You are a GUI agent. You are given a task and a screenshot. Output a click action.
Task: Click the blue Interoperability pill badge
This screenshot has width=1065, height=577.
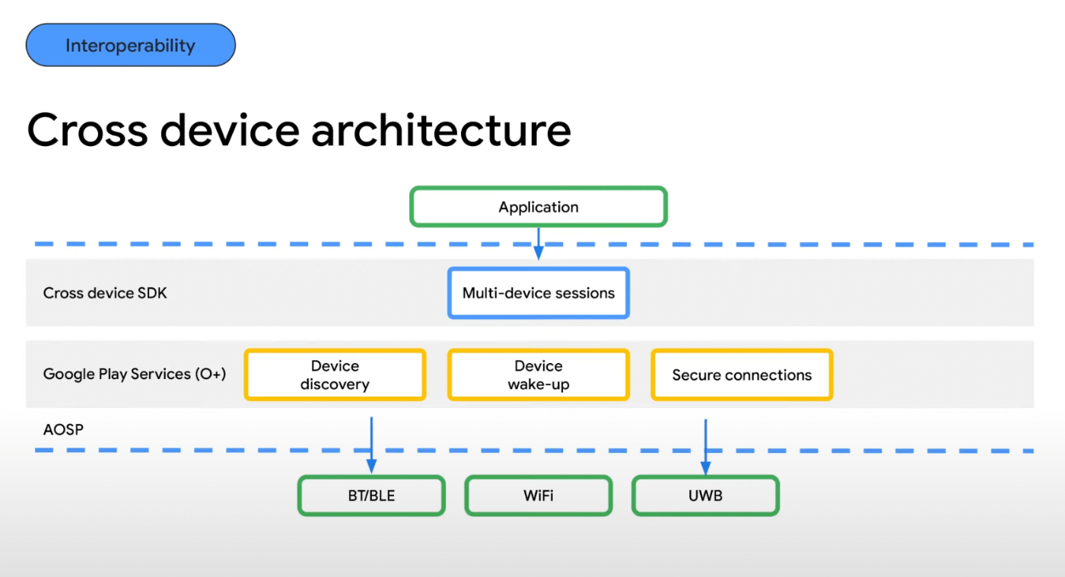[130, 46]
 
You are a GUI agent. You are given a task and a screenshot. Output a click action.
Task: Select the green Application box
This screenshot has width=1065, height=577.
[538, 207]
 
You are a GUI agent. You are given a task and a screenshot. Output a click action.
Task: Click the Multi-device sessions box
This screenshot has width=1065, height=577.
[538, 293]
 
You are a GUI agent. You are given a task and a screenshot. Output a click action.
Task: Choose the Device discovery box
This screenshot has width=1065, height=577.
[335, 375]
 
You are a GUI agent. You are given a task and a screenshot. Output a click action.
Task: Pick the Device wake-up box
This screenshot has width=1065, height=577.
[538, 375]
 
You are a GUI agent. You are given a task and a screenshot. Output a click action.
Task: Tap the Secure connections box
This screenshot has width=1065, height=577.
[742, 375]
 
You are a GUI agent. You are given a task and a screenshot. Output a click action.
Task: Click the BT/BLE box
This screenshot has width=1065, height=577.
[370, 496]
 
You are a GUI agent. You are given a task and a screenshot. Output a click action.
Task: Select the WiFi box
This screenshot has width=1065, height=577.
[538, 496]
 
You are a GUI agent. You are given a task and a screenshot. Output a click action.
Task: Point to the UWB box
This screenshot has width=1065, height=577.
[705, 496]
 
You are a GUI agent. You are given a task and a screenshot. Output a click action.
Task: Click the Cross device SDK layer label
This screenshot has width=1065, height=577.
[105, 293]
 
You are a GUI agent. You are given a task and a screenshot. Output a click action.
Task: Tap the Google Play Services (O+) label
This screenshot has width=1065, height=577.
[135, 374]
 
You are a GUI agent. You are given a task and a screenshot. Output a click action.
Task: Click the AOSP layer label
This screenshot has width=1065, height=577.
[63, 430]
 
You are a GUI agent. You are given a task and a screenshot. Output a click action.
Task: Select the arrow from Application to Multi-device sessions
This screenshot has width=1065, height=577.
[538, 244]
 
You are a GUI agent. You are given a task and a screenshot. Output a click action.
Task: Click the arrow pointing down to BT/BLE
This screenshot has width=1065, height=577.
[370, 445]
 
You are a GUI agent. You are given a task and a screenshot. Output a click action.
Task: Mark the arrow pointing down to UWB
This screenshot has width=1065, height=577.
[705, 445]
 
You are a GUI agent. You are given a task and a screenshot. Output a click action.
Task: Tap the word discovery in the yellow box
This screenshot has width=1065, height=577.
[335, 384]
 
